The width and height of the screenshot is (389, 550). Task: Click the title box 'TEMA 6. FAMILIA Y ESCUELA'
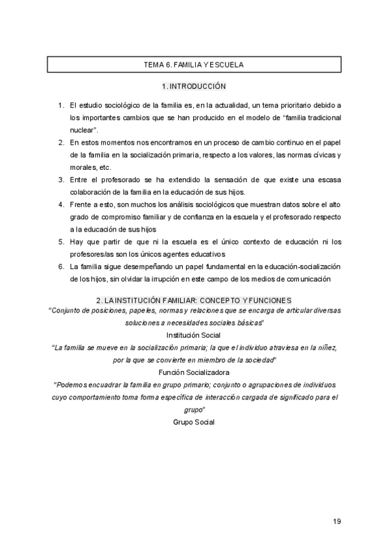point(193,65)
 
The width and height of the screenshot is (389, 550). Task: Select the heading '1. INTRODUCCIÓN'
point(193,86)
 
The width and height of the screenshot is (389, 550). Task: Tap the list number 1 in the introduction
point(60,105)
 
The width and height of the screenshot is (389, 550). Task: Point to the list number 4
point(60,204)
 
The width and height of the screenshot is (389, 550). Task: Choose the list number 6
point(60,267)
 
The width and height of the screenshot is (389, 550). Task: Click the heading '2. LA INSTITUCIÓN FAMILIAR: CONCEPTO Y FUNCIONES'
point(193,300)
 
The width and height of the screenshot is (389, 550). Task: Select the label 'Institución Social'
point(193,335)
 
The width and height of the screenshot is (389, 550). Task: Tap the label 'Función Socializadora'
point(193,372)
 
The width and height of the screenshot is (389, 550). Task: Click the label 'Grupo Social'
point(193,422)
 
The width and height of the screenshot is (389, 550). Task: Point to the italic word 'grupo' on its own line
point(194,409)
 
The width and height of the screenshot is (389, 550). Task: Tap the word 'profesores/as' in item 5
point(91,254)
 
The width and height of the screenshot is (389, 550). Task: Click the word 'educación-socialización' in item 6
point(298,267)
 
